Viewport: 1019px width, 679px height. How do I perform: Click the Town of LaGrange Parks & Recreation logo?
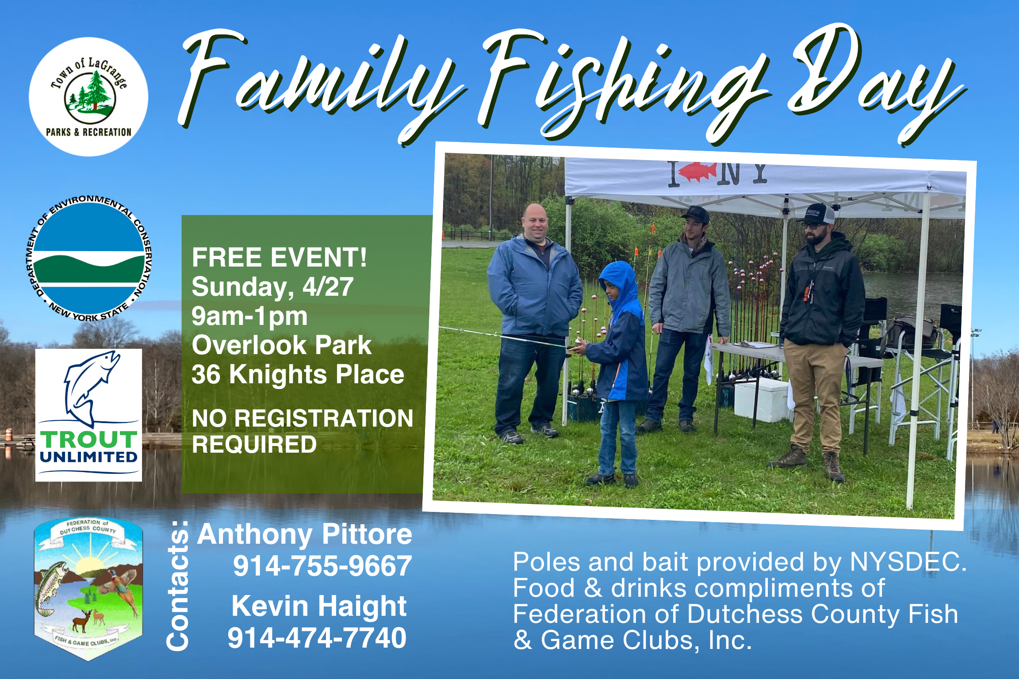click(88, 97)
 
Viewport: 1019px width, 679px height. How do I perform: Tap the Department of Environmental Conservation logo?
click(88, 258)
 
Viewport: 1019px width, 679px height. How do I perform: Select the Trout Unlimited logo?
click(88, 415)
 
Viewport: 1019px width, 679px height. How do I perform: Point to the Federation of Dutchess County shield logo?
click(88, 589)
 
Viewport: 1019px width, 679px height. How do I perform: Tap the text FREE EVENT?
click(279, 257)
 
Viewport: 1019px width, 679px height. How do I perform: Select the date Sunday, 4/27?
click(272, 287)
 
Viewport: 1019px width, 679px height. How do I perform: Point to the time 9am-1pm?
click(249, 317)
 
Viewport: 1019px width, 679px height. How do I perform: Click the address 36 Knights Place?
click(298, 374)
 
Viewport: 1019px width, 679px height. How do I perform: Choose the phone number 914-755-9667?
click(322, 566)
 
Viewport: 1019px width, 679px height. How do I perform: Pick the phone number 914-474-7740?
click(317, 638)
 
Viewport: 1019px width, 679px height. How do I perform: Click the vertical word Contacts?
click(178, 586)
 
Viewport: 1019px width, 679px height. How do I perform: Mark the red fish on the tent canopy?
click(698, 172)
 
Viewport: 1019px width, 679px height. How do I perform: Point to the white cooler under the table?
click(762, 399)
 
